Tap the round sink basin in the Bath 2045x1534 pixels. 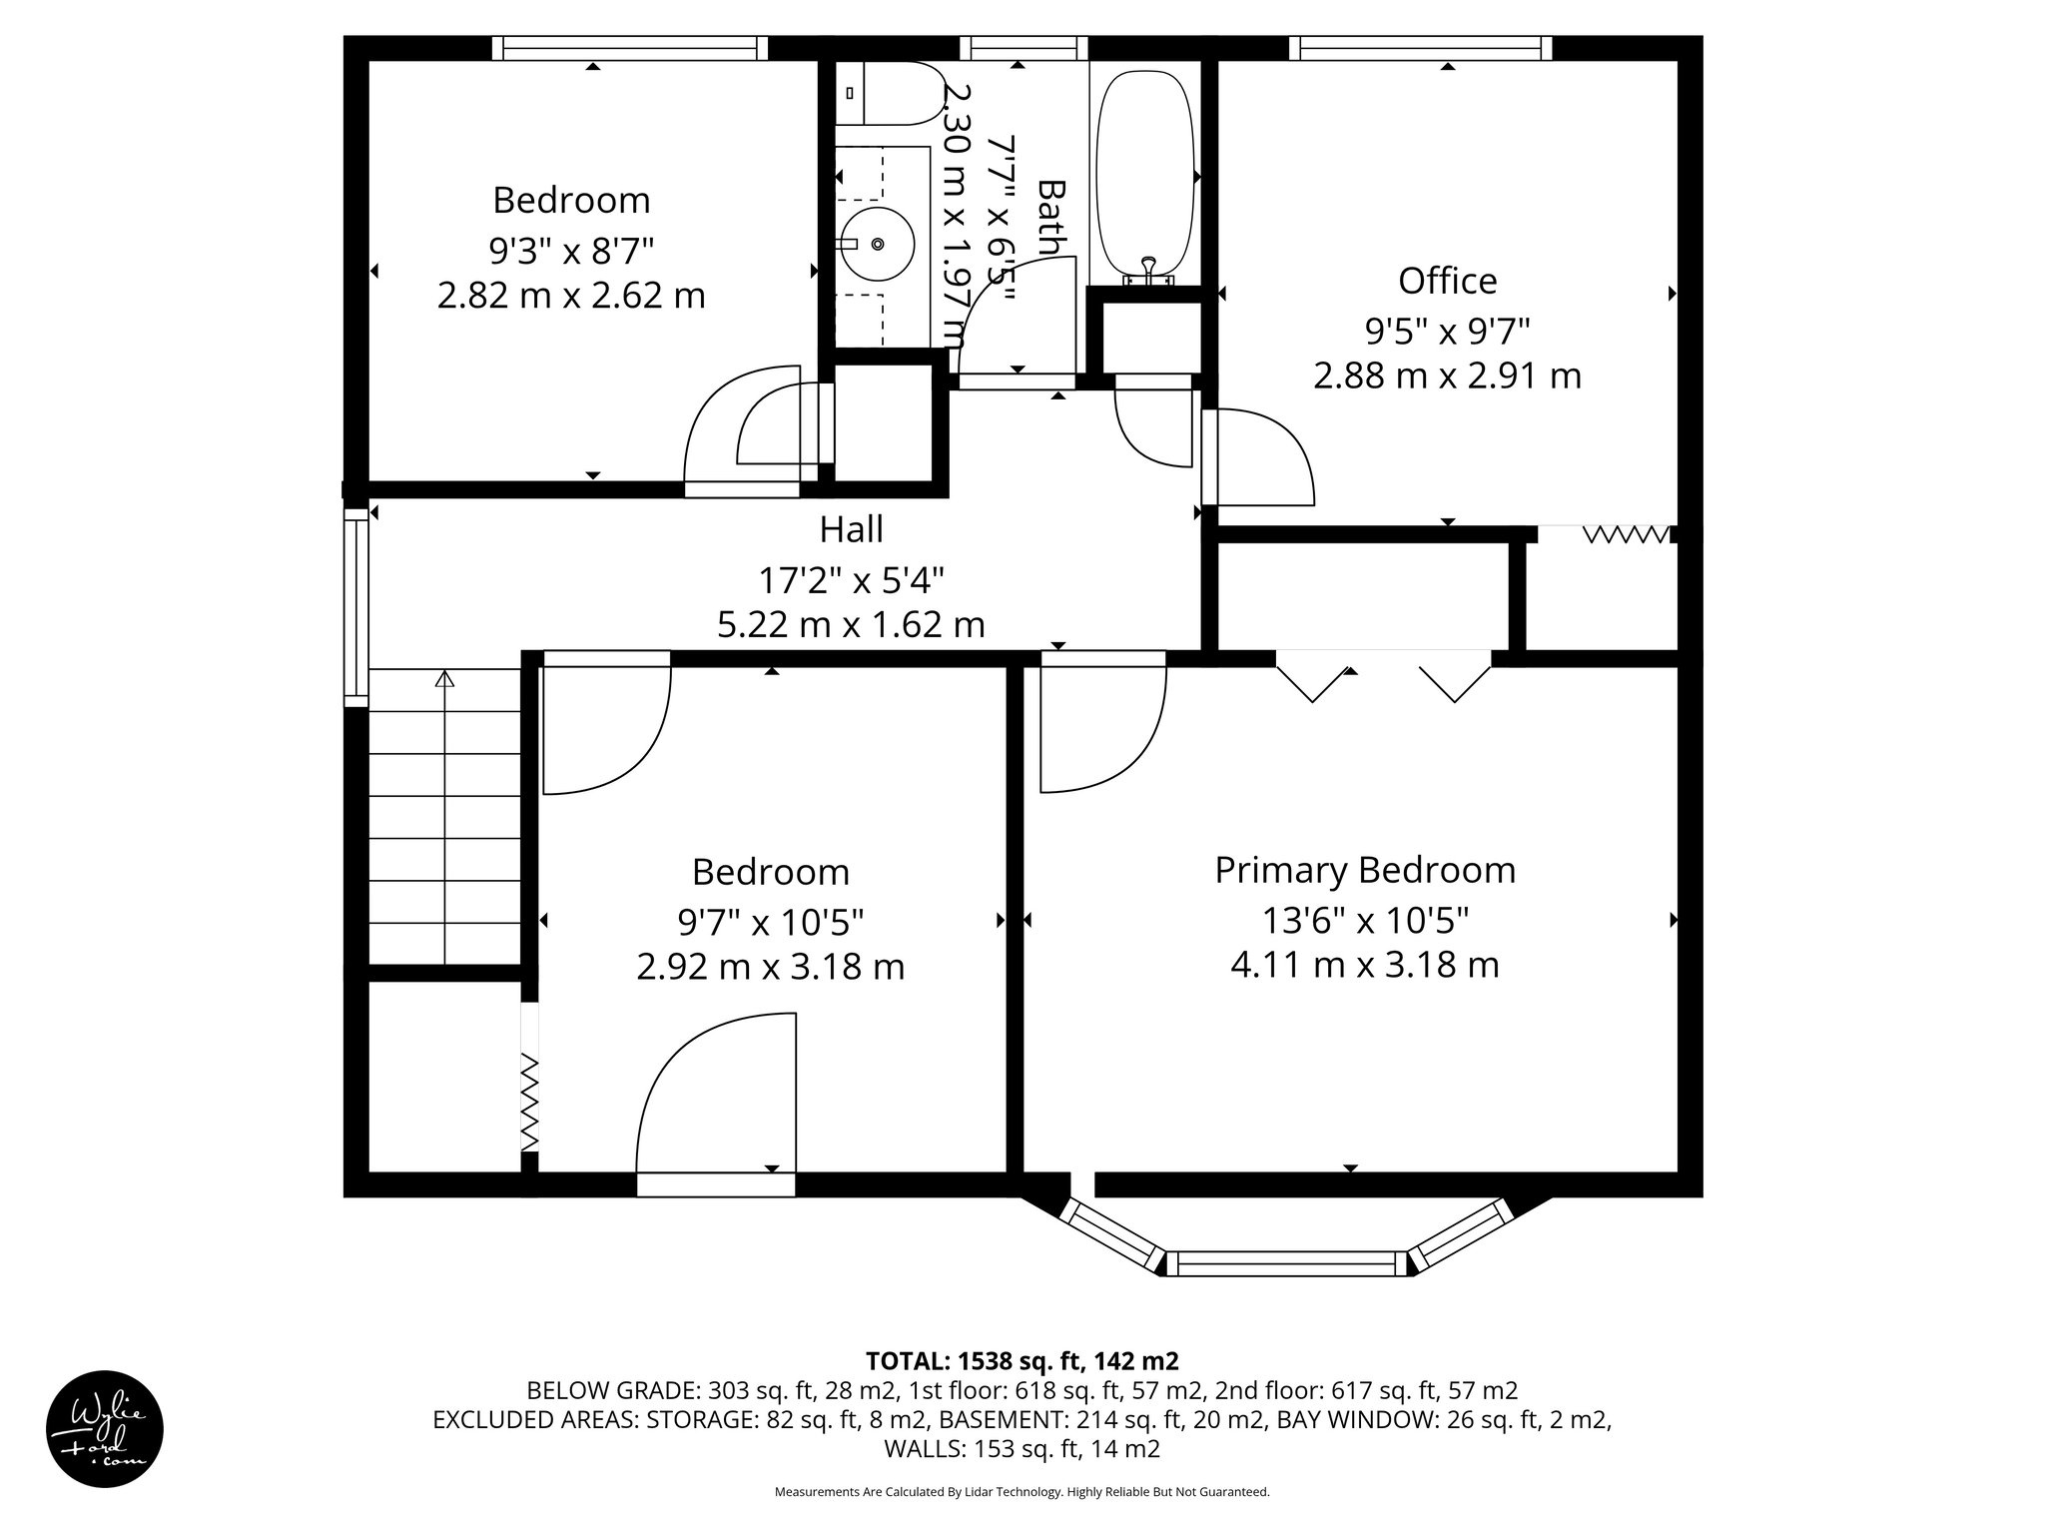click(877, 244)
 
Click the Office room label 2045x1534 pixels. click(1447, 281)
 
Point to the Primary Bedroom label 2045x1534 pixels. click(1364, 870)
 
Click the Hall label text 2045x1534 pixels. click(851, 529)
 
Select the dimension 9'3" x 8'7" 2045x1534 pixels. click(571, 249)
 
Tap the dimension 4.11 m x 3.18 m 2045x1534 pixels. click(1364, 965)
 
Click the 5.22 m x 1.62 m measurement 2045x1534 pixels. click(851, 624)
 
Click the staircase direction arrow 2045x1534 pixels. click(444, 680)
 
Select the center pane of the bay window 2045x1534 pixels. click(1286, 1263)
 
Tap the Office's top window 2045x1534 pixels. click(1420, 47)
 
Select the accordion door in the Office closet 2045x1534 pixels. click(1626, 535)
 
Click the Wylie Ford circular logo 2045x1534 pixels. click(105, 1428)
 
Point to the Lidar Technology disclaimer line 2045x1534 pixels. click(1022, 1492)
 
